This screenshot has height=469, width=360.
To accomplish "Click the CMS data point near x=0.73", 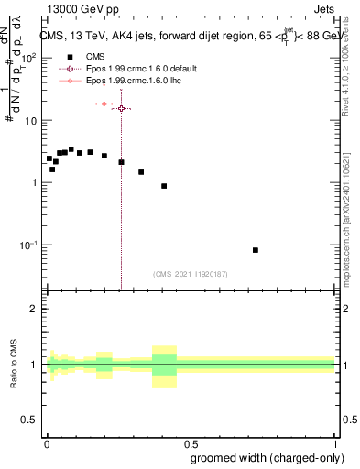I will click(256, 250).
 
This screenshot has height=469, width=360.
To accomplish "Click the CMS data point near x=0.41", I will click(164, 186).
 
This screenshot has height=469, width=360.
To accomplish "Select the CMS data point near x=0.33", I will click(141, 172).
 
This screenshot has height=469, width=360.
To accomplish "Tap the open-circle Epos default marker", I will click(121, 108).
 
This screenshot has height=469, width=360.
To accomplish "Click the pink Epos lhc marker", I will click(104, 104).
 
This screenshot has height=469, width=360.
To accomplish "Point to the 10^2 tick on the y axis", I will click(27, 58).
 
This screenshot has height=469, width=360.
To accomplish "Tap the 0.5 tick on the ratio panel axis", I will click(28, 421).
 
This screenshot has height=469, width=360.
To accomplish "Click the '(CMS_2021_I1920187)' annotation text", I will click(190, 274).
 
